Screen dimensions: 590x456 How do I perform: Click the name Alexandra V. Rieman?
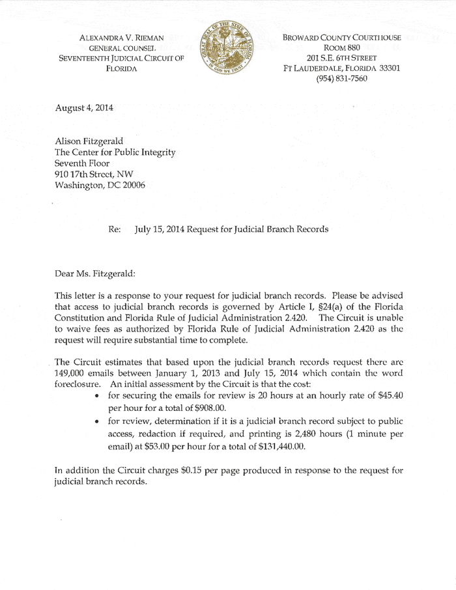(121, 38)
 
